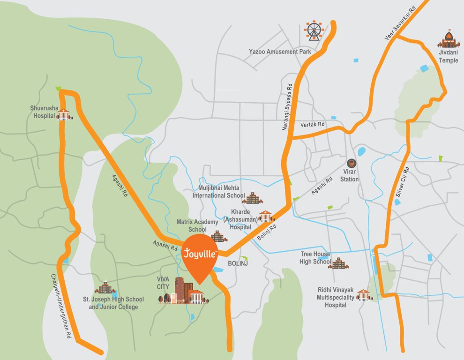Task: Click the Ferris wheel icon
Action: coord(314,30)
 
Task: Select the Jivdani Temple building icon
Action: coord(449,39)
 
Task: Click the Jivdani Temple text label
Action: coord(449,57)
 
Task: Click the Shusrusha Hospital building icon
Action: coord(64,114)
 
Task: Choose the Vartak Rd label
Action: coord(313,125)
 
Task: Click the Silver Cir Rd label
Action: coord(402,182)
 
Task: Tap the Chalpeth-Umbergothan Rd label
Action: coord(61,307)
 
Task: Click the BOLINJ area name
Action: coord(237,264)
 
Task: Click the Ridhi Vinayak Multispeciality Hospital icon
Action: coord(364,295)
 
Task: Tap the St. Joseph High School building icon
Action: coord(105,287)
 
